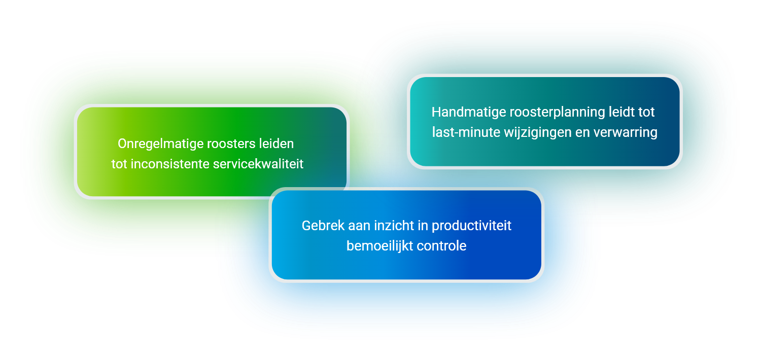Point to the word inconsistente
[x=169, y=164]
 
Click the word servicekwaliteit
[x=258, y=164]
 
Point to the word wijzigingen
[x=537, y=133]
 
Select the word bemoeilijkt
[x=379, y=246]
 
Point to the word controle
[x=441, y=246]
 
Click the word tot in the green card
[x=119, y=164]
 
